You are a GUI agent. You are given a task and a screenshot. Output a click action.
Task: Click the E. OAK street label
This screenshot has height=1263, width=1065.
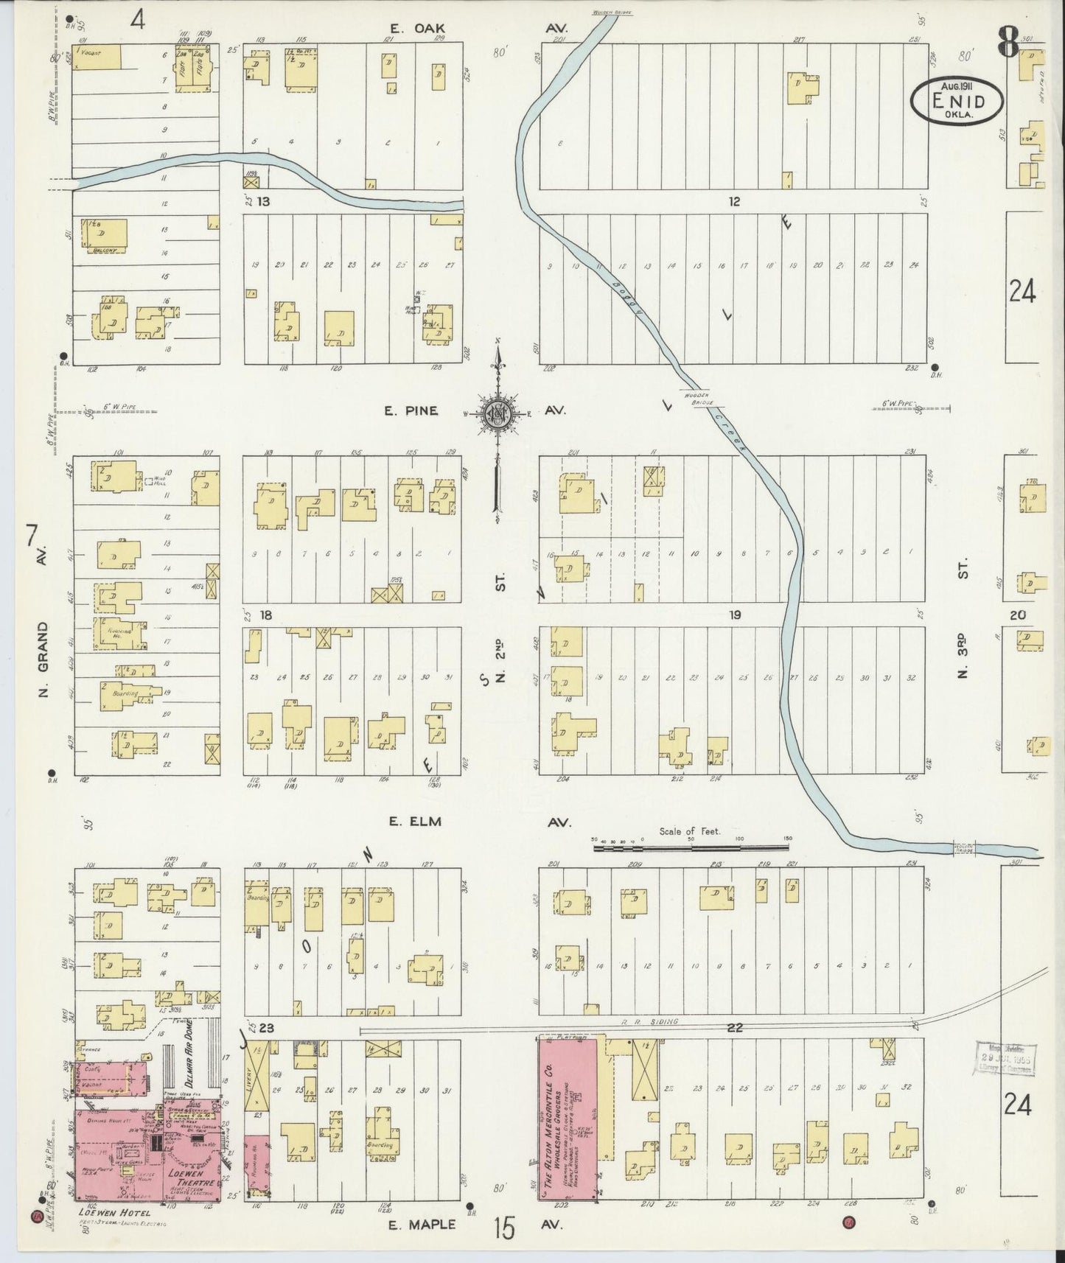[x=415, y=29]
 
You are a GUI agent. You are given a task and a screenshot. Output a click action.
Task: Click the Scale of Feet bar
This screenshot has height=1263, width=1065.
[x=692, y=847]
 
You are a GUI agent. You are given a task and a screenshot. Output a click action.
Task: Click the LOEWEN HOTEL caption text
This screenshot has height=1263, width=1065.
[x=113, y=1211]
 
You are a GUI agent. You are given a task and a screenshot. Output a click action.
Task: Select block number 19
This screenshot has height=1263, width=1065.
[x=735, y=615]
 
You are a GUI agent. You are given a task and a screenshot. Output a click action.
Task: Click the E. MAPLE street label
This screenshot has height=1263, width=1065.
[x=422, y=1225]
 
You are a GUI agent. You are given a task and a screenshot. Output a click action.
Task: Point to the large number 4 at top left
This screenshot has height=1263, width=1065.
[x=137, y=20]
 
